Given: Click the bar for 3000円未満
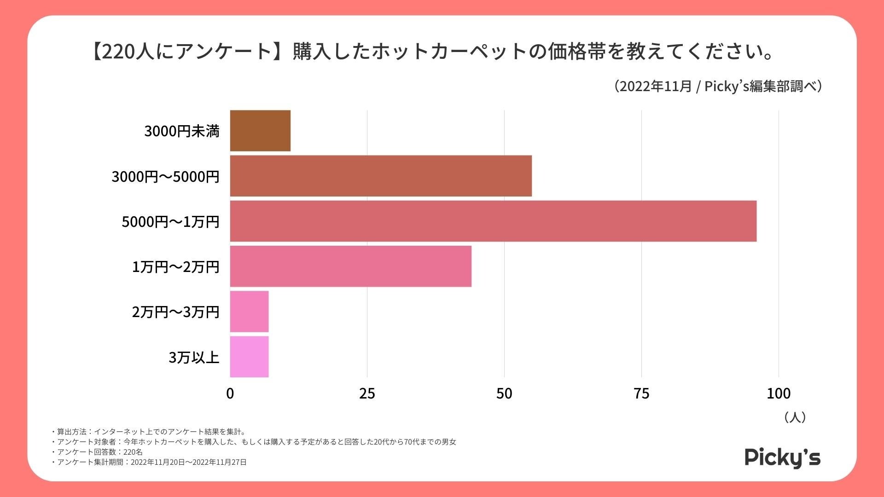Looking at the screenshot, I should [x=260, y=131].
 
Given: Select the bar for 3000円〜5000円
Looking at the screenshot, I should [x=381, y=176].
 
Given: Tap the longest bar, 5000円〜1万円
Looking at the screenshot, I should [x=493, y=221].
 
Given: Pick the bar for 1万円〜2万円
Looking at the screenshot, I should [x=350, y=266].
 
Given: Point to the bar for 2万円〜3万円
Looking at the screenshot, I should [x=249, y=311].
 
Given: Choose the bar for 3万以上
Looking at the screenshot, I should [x=249, y=357].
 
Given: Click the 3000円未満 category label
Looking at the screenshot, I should [x=182, y=131].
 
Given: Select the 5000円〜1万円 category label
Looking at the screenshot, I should [x=170, y=222].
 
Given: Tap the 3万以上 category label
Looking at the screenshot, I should [x=194, y=357].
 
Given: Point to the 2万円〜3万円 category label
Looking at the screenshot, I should [x=175, y=312].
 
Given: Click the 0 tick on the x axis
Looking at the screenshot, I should [x=230, y=393].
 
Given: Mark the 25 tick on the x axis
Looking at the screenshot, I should [x=367, y=393].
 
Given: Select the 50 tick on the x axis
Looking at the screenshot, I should [x=504, y=393].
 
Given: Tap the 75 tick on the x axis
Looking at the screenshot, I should [x=641, y=393].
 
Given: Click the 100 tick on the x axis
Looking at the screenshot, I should [x=779, y=393].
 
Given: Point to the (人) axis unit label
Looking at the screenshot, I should [x=795, y=417].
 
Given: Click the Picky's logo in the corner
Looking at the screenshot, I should [x=782, y=457].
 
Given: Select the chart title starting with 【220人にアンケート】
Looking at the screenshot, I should [x=432, y=51].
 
